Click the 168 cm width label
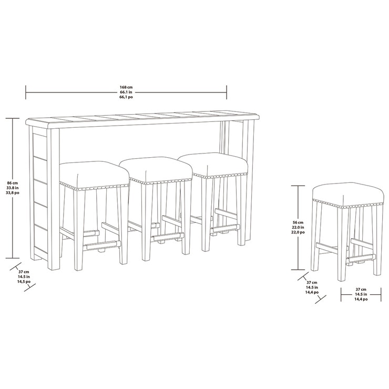click(x=126, y=87)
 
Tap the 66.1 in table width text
click(x=126, y=92)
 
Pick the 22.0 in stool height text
click(x=298, y=228)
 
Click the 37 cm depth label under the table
click(x=23, y=271)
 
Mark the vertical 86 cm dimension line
click(x=13, y=221)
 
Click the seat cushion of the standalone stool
click(x=347, y=193)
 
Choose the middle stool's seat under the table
click(x=156, y=168)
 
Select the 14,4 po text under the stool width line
click(x=361, y=299)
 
